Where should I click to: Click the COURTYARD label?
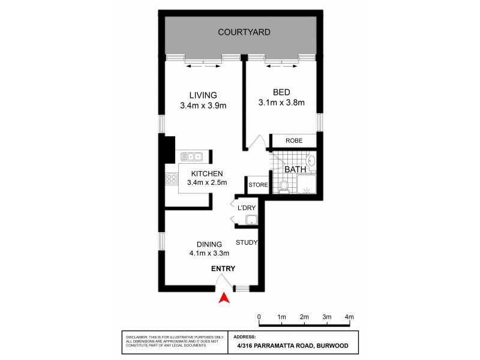click(244, 32)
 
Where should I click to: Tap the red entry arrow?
click(223, 297)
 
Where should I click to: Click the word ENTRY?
click(223, 269)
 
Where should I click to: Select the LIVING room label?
click(202, 95)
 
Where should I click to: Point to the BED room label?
click(281, 92)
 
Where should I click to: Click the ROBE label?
click(293, 141)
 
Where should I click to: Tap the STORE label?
click(258, 185)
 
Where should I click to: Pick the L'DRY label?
click(247, 208)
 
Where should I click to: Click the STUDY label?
click(246, 243)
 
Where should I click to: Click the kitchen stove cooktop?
click(170, 178)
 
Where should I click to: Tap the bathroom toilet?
click(284, 187)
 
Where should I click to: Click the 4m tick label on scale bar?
click(349, 317)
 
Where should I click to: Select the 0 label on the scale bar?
click(259, 317)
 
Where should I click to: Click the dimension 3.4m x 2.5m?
click(206, 182)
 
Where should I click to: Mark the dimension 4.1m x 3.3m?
click(209, 253)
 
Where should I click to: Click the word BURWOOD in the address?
click(332, 346)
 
